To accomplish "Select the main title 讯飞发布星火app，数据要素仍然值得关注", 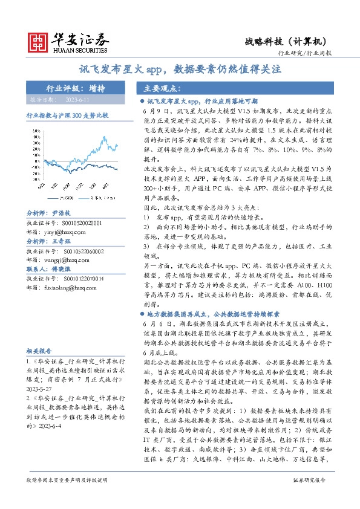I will point(180,70).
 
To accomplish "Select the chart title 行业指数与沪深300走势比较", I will point(67,114).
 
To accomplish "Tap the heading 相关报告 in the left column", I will point(39,350).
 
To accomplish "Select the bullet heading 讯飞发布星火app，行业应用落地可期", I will point(202,102).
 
